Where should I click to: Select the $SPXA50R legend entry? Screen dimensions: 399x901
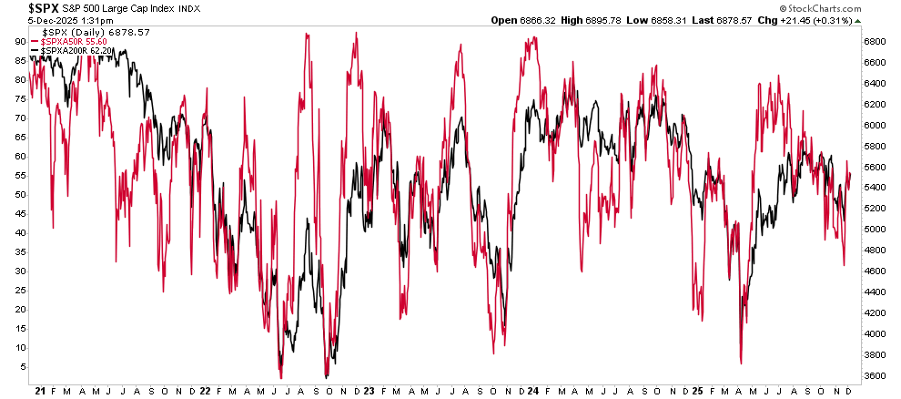pos(72,42)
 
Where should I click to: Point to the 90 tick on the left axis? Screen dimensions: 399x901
pos(19,41)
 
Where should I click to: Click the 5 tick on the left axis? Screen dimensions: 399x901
pos(22,366)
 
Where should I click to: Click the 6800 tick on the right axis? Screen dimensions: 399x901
pos(876,42)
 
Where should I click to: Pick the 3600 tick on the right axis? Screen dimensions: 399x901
pos(876,375)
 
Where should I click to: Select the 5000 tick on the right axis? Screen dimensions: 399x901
pos(876,230)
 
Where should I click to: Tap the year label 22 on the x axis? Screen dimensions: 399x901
pos(205,390)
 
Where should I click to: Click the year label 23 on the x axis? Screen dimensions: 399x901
pos(370,390)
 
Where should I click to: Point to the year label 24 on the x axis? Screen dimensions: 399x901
pos(532,390)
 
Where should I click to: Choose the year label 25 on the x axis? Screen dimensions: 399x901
pos(697,390)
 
